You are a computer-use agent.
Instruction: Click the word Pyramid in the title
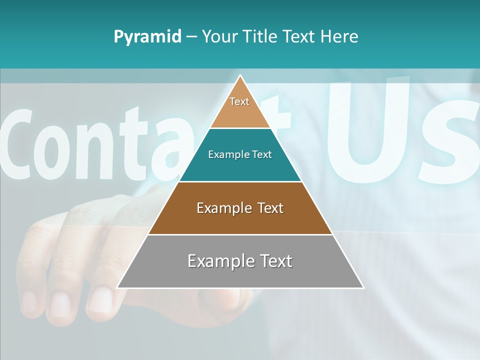147,37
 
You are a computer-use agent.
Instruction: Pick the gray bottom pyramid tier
240,272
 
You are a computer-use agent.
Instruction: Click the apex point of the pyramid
240,75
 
